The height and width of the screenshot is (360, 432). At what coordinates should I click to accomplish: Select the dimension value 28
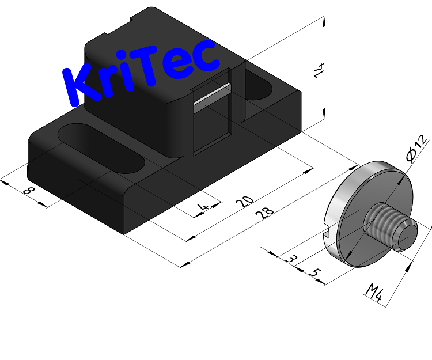pos(265,213)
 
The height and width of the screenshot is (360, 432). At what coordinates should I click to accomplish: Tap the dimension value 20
pos(246,202)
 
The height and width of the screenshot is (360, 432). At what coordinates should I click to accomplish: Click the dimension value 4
pos(202,207)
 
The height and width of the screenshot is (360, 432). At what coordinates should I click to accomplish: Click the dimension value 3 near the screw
pos(292,260)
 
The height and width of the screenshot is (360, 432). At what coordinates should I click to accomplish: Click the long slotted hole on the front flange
pos(103,148)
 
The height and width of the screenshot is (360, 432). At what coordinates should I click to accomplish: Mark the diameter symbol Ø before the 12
pos(412,154)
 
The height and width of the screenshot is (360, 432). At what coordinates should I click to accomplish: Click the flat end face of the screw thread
pos(408,232)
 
